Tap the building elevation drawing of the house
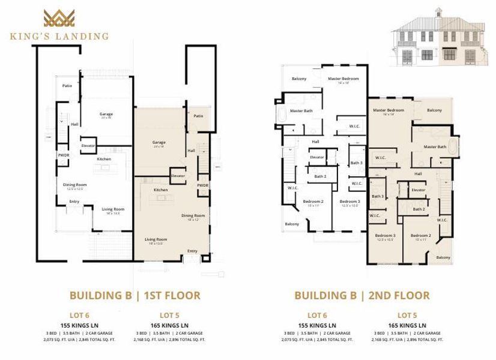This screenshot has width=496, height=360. point(438,40)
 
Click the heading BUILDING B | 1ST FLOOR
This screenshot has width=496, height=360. point(135,295)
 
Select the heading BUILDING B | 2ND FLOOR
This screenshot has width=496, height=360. point(361,295)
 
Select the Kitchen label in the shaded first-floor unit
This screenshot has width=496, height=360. point(160,190)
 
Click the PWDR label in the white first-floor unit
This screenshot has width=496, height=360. point(63,155)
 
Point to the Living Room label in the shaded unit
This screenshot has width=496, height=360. point(156,239)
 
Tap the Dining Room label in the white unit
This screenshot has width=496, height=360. point(75,184)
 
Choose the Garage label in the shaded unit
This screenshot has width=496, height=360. point(159,142)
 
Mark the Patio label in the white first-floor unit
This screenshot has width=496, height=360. point(67,86)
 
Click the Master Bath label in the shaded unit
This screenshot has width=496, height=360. point(435,146)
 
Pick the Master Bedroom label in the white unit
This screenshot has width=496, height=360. point(343,79)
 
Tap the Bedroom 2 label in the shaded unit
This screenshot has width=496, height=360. point(421,235)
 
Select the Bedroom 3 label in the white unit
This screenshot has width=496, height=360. point(349,201)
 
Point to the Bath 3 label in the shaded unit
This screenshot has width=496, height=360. point(377,196)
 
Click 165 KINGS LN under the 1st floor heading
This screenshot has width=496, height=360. point(169,325)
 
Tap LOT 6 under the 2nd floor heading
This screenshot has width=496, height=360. point(316,314)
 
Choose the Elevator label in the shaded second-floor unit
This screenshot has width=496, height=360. point(419,190)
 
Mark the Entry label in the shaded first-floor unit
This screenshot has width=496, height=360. point(192,251)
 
